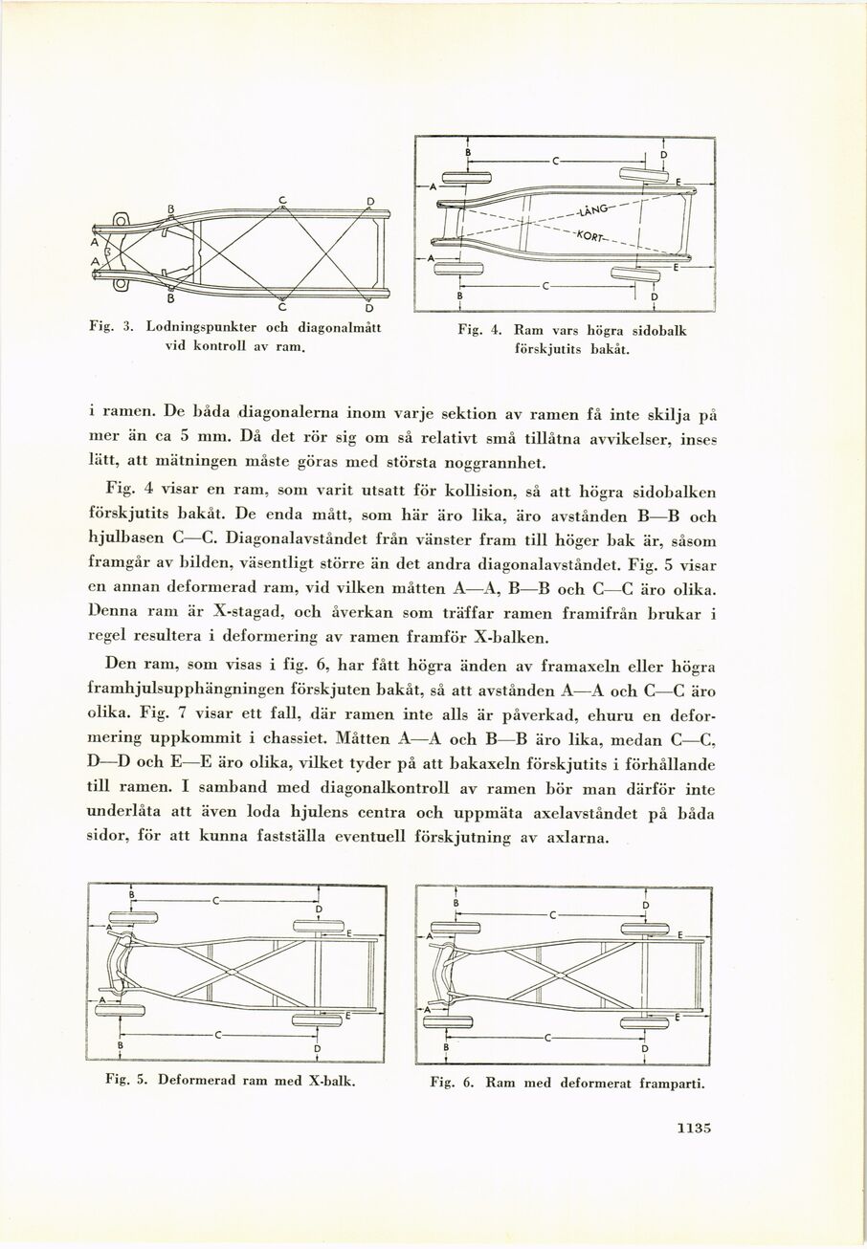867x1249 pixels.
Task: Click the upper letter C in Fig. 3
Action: click(x=283, y=199)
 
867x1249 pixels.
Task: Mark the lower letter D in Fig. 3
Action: click(x=369, y=308)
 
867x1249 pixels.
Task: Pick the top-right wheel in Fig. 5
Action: click(x=318, y=924)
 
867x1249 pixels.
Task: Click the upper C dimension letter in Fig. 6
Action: click(x=552, y=914)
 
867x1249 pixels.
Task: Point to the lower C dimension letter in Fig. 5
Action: click(x=218, y=1034)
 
